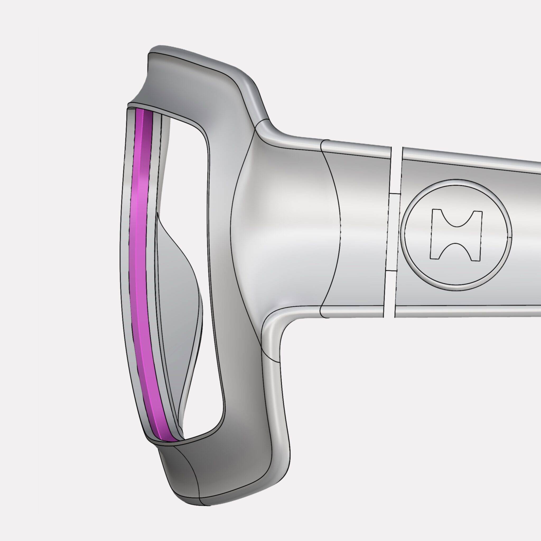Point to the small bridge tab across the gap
coord(394,193)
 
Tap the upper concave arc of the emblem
coord(457,221)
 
